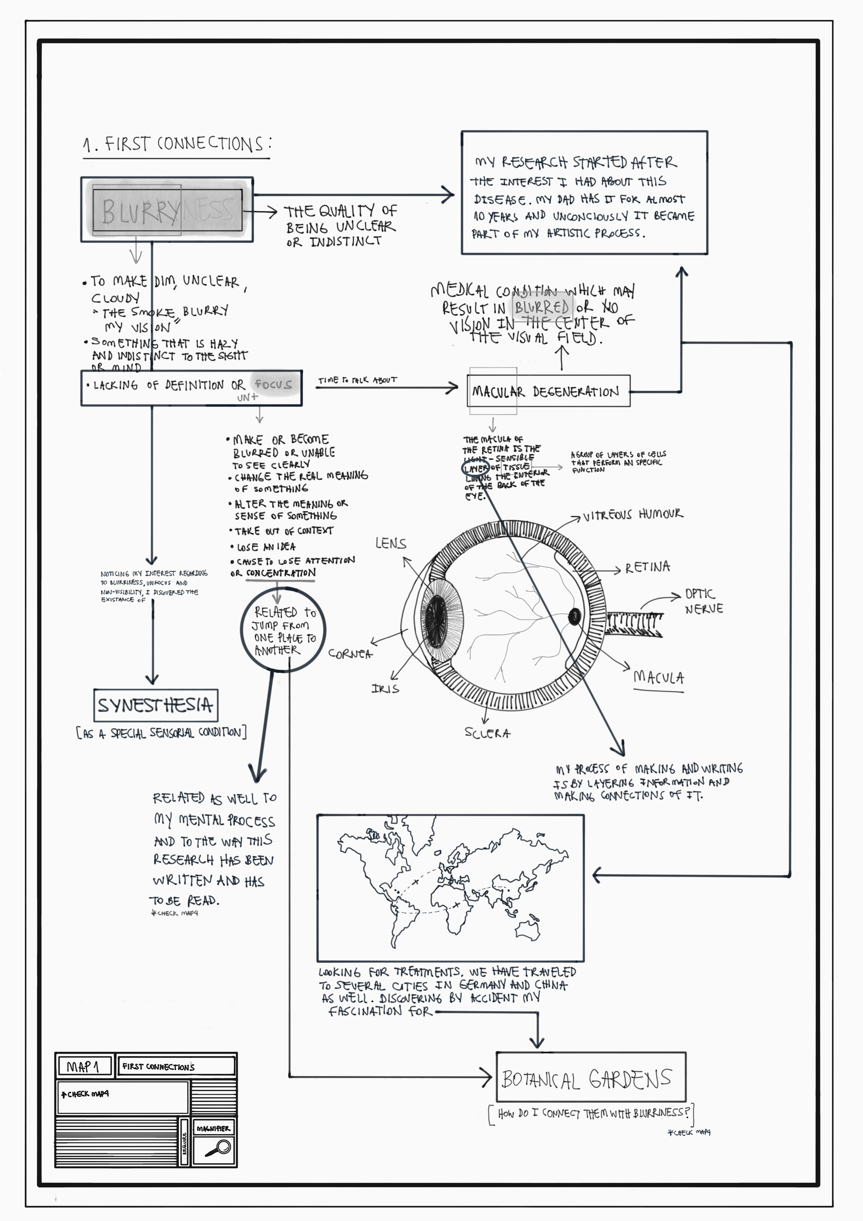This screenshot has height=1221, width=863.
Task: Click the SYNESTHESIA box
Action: (155, 705)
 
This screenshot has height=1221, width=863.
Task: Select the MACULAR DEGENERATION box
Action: (548, 391)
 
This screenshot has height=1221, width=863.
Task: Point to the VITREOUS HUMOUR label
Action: (633, 515)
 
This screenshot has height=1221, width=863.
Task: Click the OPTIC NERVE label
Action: (703, 601)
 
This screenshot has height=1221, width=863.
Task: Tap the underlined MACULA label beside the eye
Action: (658, 678)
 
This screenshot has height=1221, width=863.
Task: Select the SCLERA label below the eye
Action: (487, 733)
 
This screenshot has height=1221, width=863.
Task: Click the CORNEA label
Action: (350, 653)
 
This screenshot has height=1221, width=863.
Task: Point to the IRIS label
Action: (385, 689)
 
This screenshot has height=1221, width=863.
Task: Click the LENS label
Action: (390, 543)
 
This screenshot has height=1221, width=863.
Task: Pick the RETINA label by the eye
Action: (647, 568)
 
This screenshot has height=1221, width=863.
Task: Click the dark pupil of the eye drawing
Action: (437, 617)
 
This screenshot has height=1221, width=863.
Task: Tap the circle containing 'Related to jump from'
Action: (282, 631)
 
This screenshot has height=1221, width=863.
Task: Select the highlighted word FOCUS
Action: (273, 384)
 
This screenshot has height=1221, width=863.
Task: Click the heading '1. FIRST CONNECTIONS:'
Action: (177, 144)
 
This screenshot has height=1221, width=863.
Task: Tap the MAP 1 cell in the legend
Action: (83, 1066)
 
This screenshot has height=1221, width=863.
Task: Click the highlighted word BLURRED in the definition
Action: (542, 307)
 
